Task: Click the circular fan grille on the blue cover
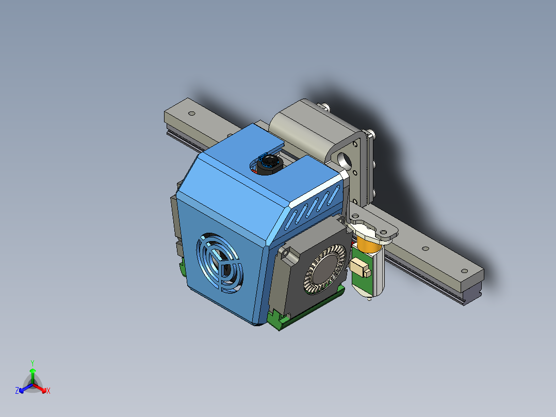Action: tap(219, 263)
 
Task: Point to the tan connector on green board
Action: tap(361, 268)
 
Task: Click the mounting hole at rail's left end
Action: tap(191, 113)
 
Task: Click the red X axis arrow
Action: tap(43, 388)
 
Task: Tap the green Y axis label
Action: tap(32, 362)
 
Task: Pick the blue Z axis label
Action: tap(17, 391)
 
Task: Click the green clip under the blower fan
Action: tap(281, 322)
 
